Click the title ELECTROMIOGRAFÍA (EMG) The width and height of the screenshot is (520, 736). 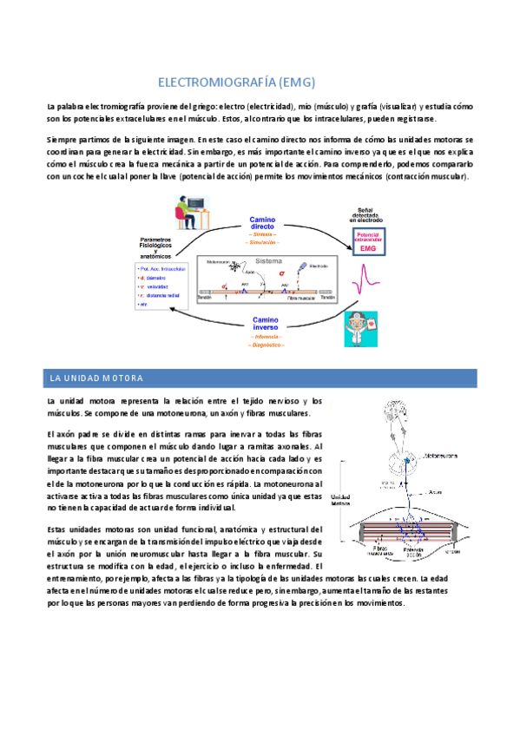tap(235, 83)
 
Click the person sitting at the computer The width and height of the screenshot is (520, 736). tap(185, 214)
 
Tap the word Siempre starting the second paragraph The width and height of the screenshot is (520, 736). tap(63, 140)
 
